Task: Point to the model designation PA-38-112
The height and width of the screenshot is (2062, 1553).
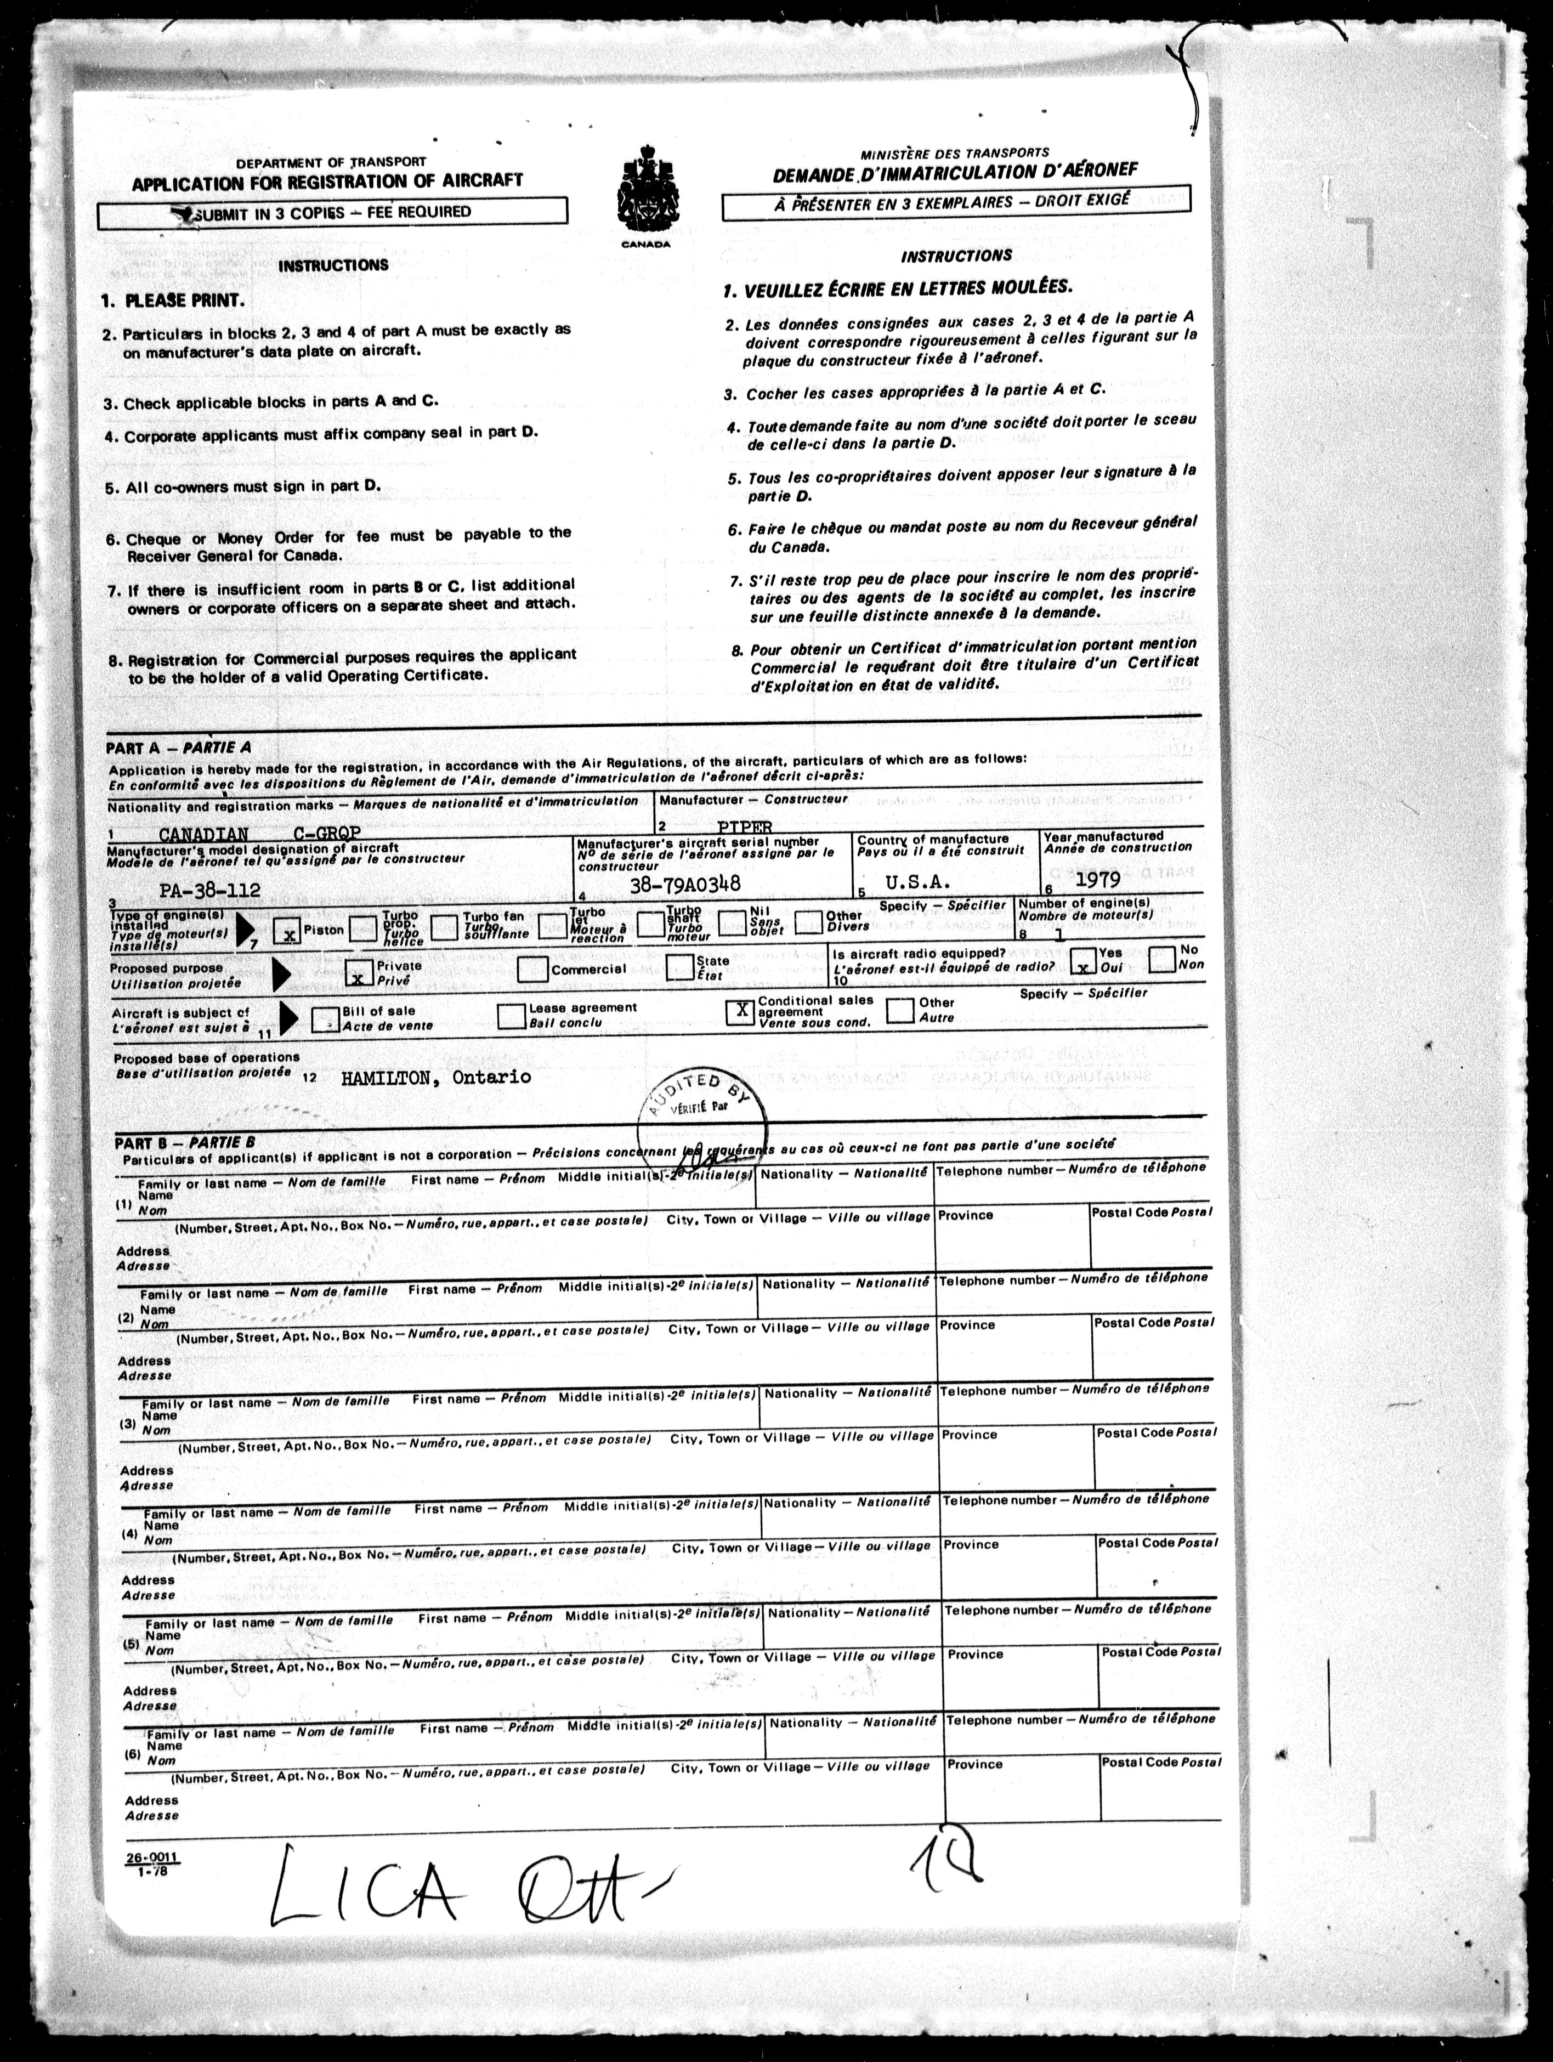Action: click(209, 890)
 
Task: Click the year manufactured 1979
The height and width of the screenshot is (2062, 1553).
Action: click(1097, 878)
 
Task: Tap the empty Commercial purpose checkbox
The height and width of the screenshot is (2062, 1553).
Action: click(532, 970)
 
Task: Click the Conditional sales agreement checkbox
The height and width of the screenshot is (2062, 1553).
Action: click(741, 1011)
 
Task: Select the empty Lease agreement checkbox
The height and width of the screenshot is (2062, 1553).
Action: click(512, 1015)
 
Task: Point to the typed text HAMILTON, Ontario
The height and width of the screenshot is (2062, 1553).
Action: click(435, 1078)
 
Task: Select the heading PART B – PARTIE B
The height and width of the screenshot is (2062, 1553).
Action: click(185, 1142)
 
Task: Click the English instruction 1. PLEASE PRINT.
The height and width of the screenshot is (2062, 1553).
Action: click(173, 301)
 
